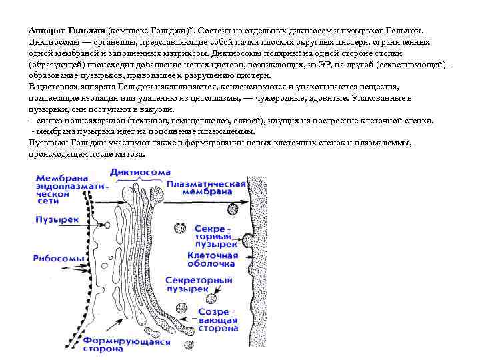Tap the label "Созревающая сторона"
click(x=216, y=321)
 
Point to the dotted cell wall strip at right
click(x=256, y=267)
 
